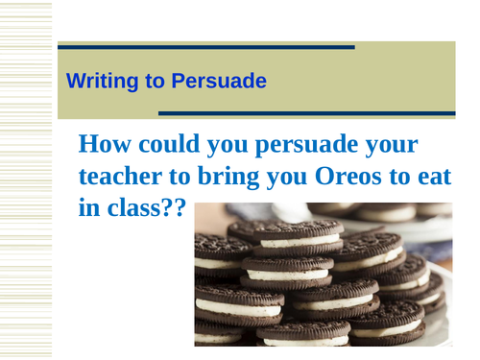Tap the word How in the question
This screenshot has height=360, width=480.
pos(102,144)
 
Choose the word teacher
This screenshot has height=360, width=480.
pos(116,177)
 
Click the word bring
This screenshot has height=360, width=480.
pos(225,177)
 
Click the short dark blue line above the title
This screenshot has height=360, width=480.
pos(206,46)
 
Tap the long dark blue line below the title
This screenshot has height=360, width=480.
pos(306,113)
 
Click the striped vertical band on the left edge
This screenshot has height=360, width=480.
pos(25,180)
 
